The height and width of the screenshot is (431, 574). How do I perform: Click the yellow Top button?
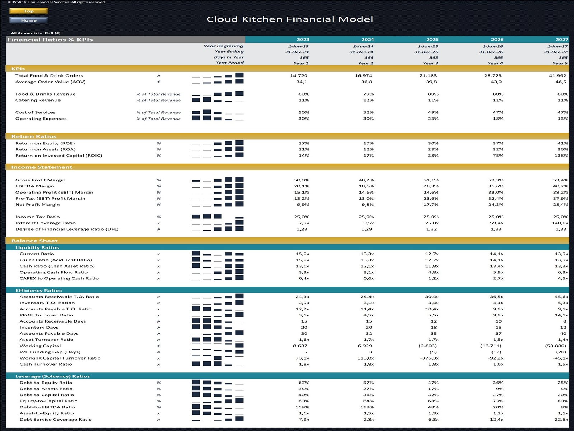[x=28, y=11]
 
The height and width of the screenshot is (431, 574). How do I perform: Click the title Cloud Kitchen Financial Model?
[x=290, y=19]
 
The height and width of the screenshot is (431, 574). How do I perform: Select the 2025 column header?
[x=432, y=40]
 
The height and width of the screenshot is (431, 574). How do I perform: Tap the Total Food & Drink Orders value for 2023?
[x=298, y=76]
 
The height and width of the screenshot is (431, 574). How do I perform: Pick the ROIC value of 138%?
[x=561, y=156]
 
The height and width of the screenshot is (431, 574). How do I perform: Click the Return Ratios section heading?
[x=34, y=136]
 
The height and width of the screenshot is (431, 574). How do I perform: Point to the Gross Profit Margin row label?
[x=40, y=180]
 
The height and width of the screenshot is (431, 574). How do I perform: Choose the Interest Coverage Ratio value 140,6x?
[x=560, y=223]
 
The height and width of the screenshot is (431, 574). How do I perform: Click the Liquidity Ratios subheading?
[x=37, y=247]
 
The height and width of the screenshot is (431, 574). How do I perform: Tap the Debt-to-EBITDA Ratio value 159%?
[x=302, y=407]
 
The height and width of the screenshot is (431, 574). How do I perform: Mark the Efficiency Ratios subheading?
[x=38, y=291]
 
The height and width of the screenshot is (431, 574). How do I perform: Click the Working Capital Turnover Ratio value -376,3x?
[x=429, y=358]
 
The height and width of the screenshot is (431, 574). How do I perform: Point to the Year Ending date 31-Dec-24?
[x=361, y=52]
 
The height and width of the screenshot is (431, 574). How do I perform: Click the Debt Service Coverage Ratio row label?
[x=56, y=420]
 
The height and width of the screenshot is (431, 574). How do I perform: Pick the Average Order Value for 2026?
[x=496, y=82]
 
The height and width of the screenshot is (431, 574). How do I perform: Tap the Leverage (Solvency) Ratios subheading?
[x=52, y=376]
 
